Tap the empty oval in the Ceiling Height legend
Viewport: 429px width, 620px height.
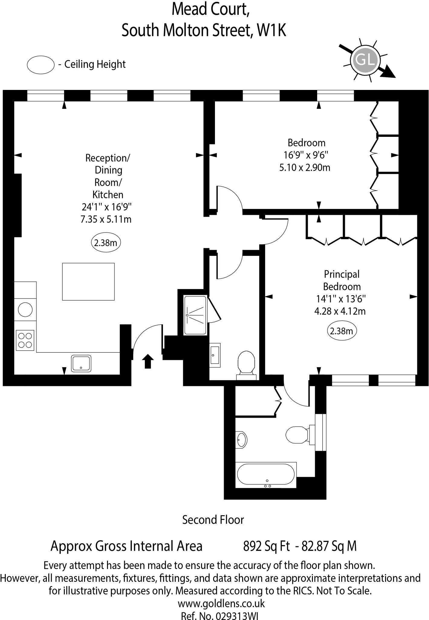click(x=41, y=64)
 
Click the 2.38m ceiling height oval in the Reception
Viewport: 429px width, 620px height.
click(x=106, y=242)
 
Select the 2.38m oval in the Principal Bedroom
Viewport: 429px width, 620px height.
click(x=342, y=331)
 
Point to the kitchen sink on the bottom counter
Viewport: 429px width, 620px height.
click(x=81, y=363)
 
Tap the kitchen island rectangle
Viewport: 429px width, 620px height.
click(x=88, y=282)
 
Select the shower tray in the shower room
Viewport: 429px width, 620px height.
click(x=195, y=315)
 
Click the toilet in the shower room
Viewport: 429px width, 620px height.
click(x=246, y=363)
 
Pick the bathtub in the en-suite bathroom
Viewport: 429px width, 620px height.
click(x=265, y=474)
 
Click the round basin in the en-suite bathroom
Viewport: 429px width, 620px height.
click(x=242, y=439)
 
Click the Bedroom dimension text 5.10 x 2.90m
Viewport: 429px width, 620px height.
click(x=304, y=167)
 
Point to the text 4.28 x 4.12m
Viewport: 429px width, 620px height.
click(x=340, y=311)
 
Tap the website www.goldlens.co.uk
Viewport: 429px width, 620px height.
click(x=221, y=603)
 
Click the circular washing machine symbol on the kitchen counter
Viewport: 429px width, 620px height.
click(x=25, y=310)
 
